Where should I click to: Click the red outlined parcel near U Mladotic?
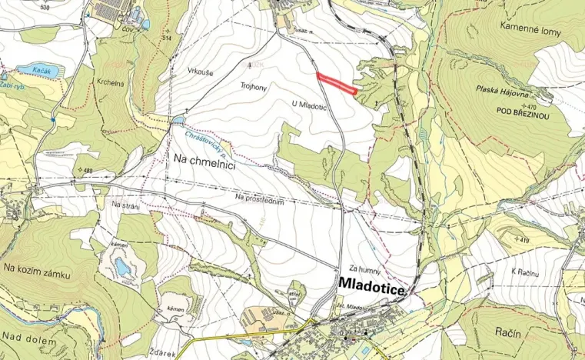pos(337,84)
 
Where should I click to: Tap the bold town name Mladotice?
pos(373,285)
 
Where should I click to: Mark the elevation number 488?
pos(87,171)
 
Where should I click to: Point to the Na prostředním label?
pos(261,199)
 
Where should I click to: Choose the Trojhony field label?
pos(253,87)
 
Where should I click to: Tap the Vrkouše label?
pos(200,71)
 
